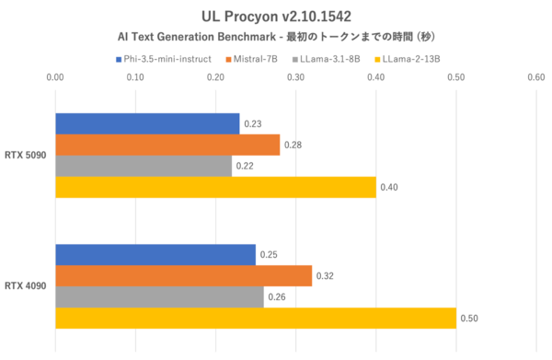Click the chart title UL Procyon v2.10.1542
click(x=276, y=17)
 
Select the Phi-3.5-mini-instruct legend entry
click(x=168, y=60)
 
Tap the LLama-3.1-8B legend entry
click(x=328, y=60)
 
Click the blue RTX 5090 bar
click(x=147, y=124)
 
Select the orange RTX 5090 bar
click(x=167, y=145)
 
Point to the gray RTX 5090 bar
click(x=144, y=166)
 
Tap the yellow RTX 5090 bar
click(x=215, y=187)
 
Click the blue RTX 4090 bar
click(x=155, y=254)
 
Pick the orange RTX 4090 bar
click(x=183, y=275)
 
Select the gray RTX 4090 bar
click(x=159, y=296)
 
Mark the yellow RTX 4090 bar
click(x=256, y=318)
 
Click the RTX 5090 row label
click(x=26, y=156)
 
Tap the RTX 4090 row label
click(x=26, y=286)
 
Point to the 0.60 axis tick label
click(x=536, y=79)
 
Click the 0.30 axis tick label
click(x=295, y=79)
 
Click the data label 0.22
click(x=244, y=167)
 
